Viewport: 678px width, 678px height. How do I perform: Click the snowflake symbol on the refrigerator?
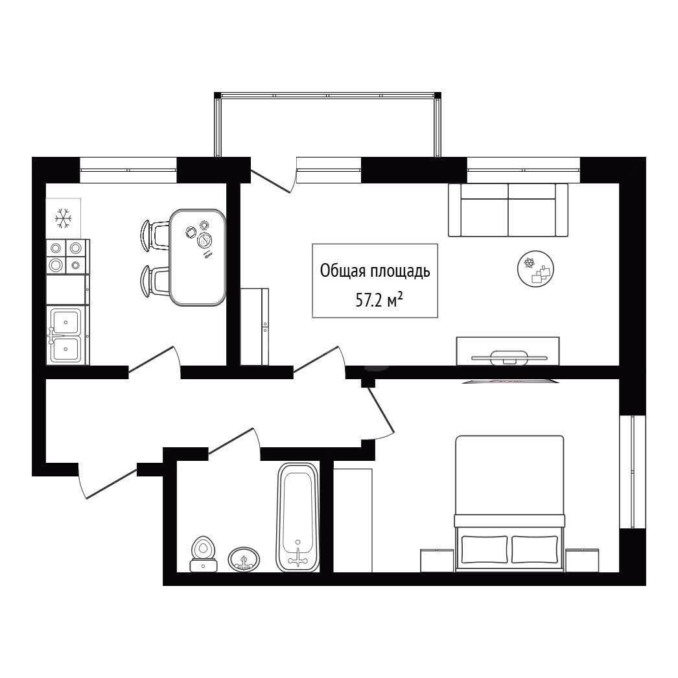coord(63,218)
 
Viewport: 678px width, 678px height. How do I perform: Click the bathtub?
coord(298,517)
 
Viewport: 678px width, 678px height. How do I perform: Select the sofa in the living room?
coord(508,210)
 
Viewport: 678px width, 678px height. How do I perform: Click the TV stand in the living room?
coord(508,351)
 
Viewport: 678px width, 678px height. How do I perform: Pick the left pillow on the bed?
coord(484,549)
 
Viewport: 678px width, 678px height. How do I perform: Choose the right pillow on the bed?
coord(535,549)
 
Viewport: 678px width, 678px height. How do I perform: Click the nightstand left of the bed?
coord(437,561)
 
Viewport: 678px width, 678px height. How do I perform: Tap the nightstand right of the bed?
coord(582,561)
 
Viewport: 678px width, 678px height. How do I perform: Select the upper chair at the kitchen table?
coord(154,235)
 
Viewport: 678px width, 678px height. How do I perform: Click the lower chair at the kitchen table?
coord(154,281)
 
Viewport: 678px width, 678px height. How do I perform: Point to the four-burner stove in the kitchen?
coord(65,257)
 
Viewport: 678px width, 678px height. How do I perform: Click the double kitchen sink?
coord(65,335)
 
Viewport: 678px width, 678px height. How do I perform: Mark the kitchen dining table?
coord(198,257)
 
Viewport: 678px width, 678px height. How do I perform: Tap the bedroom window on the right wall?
coord(633,472)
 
